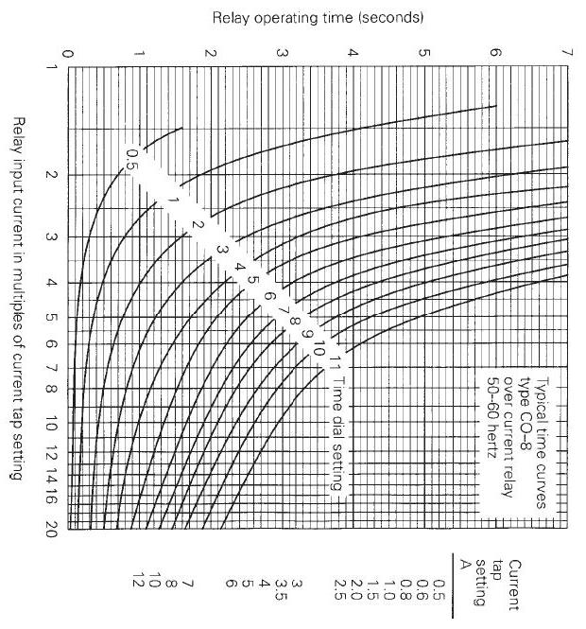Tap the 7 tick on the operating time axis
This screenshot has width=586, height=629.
point(566,53)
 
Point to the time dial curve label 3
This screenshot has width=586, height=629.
point(220,247)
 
